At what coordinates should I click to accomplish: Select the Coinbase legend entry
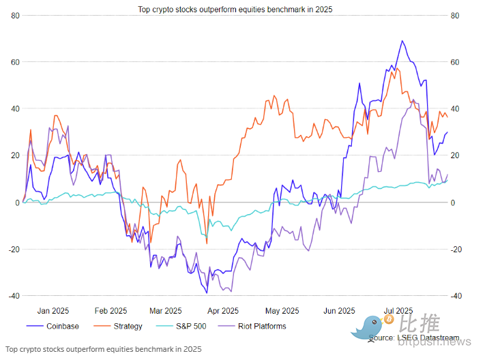62,326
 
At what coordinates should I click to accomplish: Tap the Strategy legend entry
128,326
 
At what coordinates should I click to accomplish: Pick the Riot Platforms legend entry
263,326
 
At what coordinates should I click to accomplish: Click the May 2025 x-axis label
278,310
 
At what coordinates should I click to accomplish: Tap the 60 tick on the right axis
456,62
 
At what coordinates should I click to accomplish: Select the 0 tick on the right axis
454,202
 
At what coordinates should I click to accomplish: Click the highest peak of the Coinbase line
402,41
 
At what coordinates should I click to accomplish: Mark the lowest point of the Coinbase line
206,292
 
